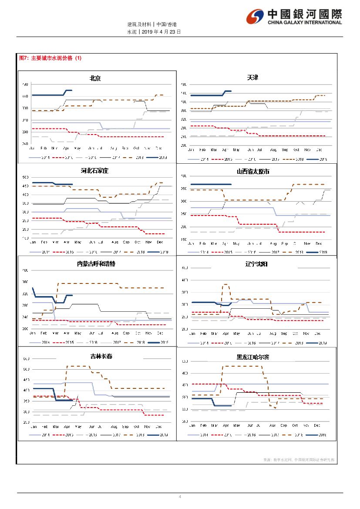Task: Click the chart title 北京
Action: [95, 78]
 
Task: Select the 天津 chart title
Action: [253, 78]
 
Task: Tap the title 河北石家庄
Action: [94, 171]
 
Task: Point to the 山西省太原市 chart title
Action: [253, 172]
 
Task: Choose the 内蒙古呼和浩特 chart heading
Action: [96, 264]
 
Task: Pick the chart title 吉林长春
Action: [101, 356]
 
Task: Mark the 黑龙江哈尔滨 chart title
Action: [253, 357]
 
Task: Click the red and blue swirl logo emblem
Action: [255, 17]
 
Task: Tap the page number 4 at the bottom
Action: [180, 497]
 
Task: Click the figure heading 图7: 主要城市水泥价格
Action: [50, 58]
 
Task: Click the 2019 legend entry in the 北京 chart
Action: [158, 158]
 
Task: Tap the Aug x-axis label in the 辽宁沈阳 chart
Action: [273, 334]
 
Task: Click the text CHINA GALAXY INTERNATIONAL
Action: [305, 23]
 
